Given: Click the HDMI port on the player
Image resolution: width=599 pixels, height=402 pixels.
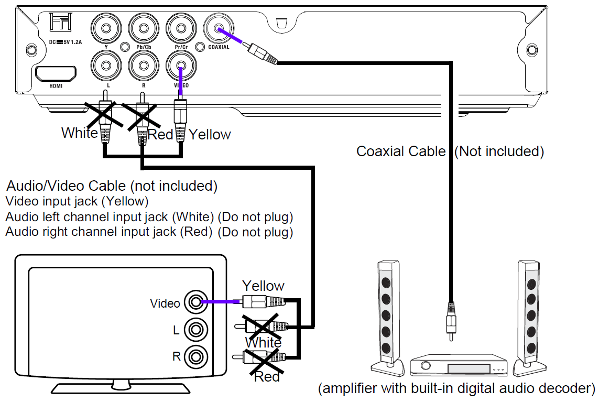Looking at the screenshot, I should coord(55,74).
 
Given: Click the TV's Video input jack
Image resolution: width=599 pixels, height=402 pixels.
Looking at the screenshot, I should coord(196,302).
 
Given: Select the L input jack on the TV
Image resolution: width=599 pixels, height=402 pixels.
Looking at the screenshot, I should coord(196,330).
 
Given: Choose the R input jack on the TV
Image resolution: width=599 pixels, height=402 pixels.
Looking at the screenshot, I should coord(196,357).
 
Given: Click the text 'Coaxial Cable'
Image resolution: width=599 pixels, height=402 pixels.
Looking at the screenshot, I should coord(401,151).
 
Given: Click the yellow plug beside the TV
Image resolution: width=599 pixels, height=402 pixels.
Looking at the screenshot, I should coord(264,302).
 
